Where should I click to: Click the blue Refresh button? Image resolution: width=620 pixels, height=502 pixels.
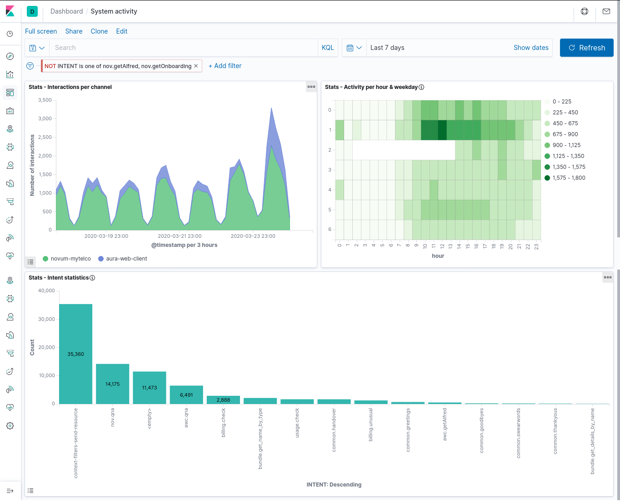tap(586, 48)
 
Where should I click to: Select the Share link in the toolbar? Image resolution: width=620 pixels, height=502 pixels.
tap(74, 31)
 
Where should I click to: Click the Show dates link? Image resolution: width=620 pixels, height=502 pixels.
tap(530, 48)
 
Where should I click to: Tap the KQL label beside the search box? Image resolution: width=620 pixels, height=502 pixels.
tap(327, 48)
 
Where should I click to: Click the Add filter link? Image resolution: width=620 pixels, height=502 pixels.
tap(225, 66)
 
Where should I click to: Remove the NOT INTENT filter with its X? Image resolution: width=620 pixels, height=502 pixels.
tap(196, 66)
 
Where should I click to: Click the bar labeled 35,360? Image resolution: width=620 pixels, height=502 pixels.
tap(75, 354)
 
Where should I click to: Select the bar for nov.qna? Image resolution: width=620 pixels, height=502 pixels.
tap(113, 384)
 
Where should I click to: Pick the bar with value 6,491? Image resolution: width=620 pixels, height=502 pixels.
tap(186, 394)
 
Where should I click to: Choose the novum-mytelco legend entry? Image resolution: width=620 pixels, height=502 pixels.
tap(67, 259)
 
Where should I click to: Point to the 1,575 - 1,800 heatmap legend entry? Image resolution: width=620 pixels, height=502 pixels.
tap(565, 178)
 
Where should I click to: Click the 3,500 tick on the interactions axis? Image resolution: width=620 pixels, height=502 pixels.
tap(45, 100)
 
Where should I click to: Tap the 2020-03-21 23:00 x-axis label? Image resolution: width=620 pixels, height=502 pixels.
tap(180, 236)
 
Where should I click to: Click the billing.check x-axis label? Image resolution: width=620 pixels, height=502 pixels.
tap(223, 423)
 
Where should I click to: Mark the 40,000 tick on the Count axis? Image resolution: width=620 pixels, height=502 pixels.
tap(46, 290)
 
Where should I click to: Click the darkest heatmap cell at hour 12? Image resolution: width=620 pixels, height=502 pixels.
tap(442, 130)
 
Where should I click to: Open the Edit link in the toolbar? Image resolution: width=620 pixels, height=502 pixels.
tap(122, 31)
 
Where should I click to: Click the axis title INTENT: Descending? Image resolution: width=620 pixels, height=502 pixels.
tap(334, 485)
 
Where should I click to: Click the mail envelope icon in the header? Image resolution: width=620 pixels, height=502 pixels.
tap(606, 11)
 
